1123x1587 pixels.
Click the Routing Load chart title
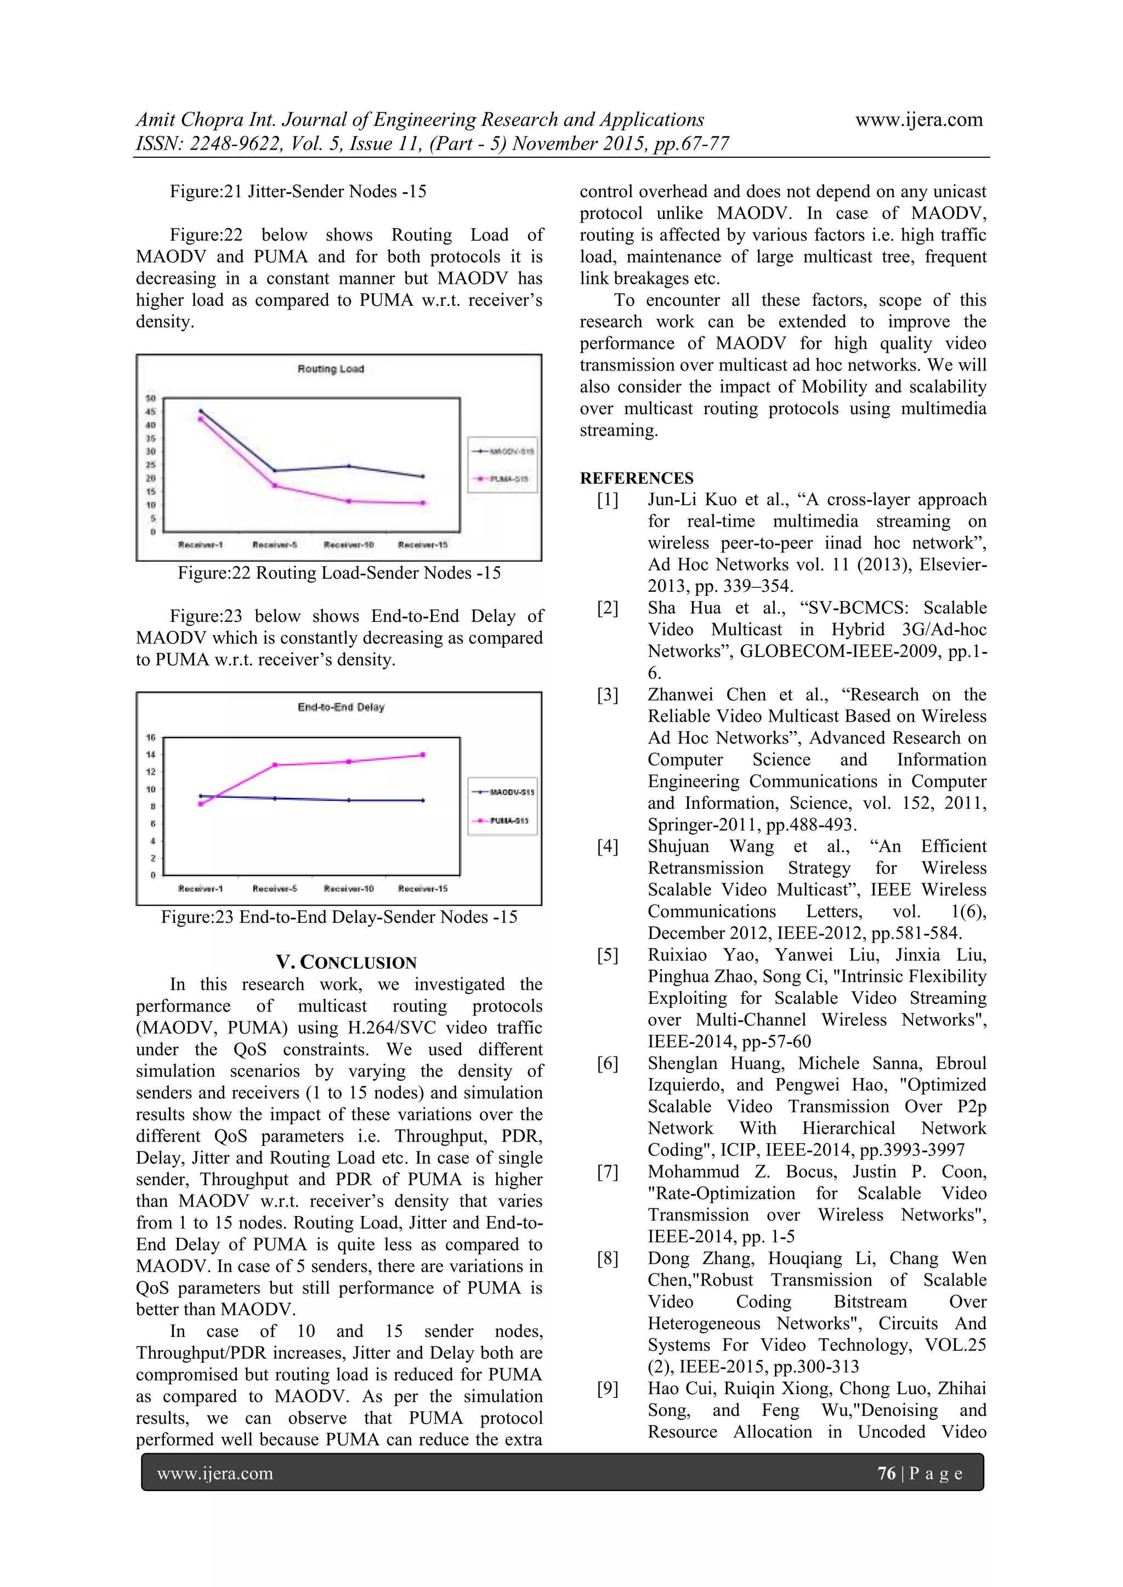click(331, 369)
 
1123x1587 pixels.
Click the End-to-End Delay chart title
click(341, 707)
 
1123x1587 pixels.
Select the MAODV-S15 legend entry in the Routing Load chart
click(503, 452)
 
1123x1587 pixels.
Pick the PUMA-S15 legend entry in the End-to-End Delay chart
click(503, 820)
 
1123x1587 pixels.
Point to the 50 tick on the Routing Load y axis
click(150, 399)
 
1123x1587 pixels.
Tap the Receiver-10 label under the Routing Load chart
click(349, 545)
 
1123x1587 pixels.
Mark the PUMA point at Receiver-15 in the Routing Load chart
click(423, 503)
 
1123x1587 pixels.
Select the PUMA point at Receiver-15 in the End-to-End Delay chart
click(423, 755)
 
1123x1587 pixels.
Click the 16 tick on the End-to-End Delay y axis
click(150, 738)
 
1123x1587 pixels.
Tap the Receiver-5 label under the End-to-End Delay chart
click(275, 888)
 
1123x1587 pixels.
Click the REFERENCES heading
click(636, 478)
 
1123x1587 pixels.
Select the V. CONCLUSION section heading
click(346, 962)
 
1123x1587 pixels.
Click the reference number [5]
click(608, 955)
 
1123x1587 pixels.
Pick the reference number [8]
click(608, 1259)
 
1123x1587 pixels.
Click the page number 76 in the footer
click(886, 1473)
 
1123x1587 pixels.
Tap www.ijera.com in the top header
click(918, 119)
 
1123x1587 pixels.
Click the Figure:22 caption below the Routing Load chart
click(339, 573)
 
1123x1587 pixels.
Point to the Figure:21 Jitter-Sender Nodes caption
click(298, 191)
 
